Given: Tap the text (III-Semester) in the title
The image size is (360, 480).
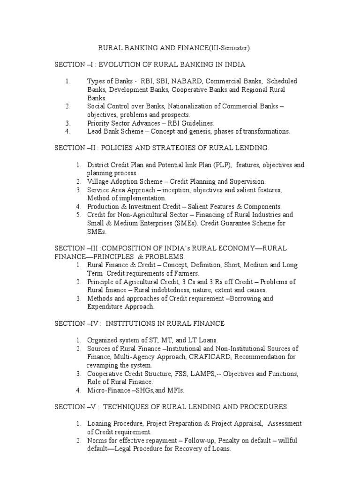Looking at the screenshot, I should tap(226, 47).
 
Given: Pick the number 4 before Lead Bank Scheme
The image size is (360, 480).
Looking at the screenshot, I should tap(68, 132).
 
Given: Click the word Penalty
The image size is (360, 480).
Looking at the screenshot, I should tap(226, 441).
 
